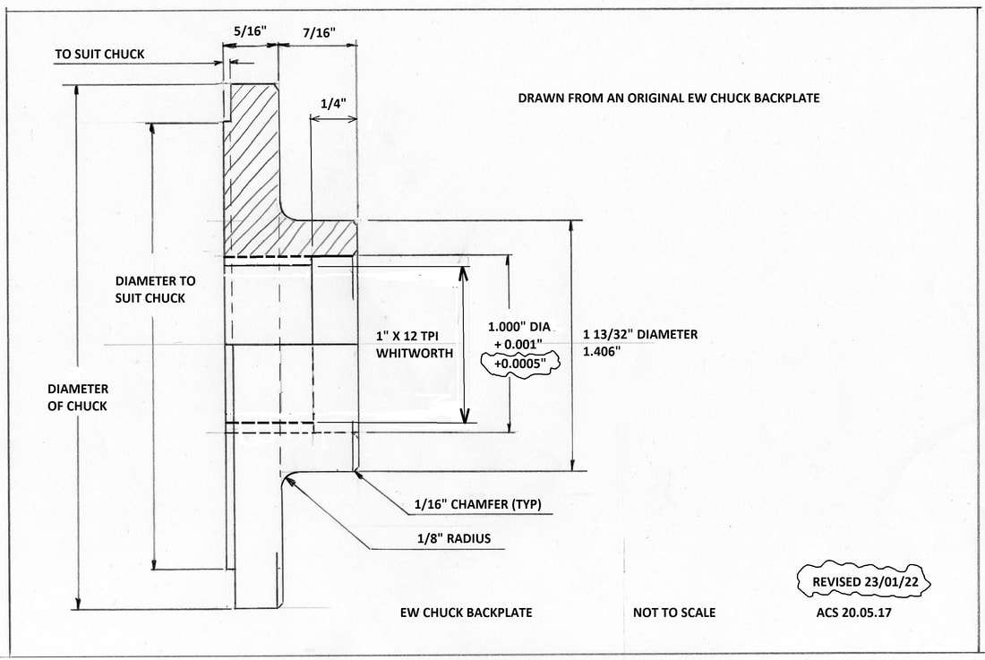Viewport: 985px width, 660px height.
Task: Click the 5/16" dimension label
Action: coord(250,30)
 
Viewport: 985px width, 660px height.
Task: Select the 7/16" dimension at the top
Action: coord(319,32)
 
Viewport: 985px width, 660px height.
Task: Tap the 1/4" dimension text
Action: coord(334,104)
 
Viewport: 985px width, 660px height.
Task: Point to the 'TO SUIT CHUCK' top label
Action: coord(99,54)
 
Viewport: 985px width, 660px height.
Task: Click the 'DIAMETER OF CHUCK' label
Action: coord(77,398)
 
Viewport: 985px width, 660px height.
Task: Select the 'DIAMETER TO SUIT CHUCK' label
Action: coord(155,289)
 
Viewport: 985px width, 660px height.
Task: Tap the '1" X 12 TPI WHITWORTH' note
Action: coord(415,345)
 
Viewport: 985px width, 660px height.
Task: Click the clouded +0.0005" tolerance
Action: coord(519,363)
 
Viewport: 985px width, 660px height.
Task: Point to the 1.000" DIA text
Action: coord(518,327)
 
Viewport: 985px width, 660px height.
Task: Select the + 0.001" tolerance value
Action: coord(518,344)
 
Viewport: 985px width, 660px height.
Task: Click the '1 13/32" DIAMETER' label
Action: coord(640,334)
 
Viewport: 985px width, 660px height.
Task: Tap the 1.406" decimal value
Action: coord(602,351)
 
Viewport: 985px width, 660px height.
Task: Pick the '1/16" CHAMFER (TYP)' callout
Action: coord(477,503)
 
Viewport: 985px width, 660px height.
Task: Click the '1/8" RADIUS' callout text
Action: coord(454,538)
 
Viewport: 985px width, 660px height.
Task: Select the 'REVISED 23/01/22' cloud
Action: coord(864,581)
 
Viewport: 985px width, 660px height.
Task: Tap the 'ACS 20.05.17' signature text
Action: coord(853,612)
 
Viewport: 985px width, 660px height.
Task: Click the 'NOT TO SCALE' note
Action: coord(674,613)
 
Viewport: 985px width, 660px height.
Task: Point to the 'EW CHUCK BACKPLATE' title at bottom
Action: coord(467,613)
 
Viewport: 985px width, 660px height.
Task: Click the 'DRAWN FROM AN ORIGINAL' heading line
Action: coord(669,98)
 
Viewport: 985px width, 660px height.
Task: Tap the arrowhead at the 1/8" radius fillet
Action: coord(289,480)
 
